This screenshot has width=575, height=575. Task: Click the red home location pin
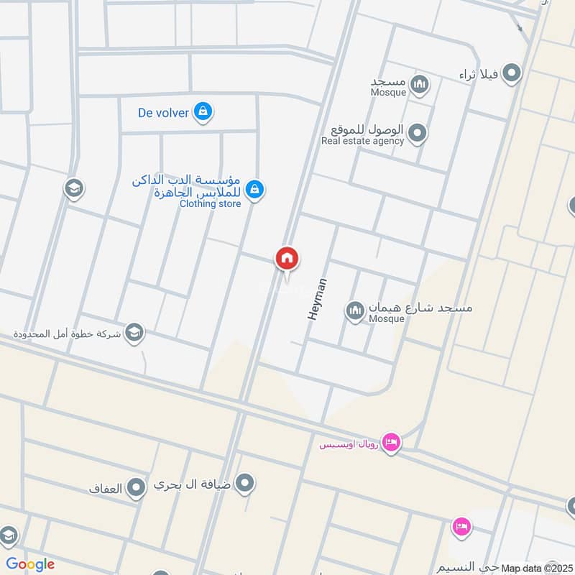[x=287, y=258]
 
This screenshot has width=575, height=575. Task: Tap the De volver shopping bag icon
[x=203, y=111]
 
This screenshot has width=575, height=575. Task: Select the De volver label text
[x=164, y=112]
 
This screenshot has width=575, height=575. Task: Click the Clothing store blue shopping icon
[x=253, y=190]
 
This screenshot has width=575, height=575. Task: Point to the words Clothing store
[x=210, y=203]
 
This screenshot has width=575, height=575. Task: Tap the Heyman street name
[x=318, y=298]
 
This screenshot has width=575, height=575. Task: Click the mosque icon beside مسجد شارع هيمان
[x=354, y=311]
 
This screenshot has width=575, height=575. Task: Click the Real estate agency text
[x=362, y=141]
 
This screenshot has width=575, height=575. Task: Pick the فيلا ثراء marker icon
[x=511, y=73]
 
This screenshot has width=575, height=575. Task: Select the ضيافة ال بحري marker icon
[x=245, y=483]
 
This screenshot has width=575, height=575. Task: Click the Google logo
[x=30, y=564]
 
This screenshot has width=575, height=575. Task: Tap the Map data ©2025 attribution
[x=535, y=568]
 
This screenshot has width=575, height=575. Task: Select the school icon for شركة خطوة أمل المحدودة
[x=134, y=332]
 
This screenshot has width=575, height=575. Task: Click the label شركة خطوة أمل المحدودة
[x=68, y=334]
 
